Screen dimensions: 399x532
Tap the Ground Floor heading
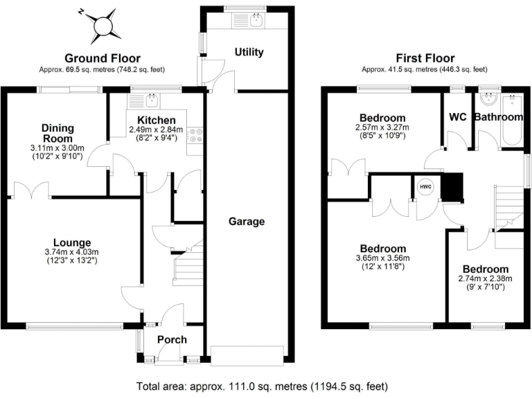[102, 58]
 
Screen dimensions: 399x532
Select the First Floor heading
[424, 58]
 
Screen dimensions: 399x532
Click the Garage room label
[247, 222]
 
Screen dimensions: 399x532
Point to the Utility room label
[249, 53]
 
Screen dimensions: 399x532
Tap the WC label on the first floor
[457, 117]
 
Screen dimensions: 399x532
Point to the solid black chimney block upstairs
[451, 188]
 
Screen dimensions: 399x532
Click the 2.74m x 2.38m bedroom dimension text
[486, 278]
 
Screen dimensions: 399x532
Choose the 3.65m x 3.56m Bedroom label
[383, 249]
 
